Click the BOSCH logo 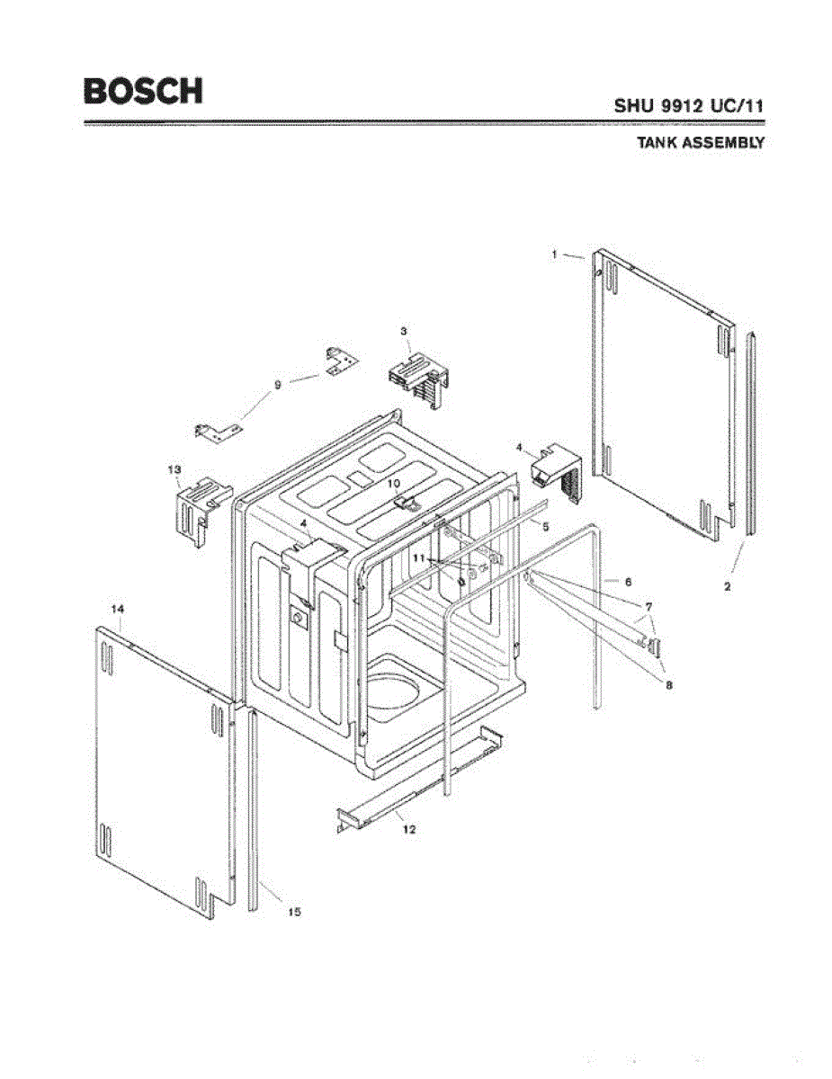click(143, 91)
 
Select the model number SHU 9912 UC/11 click(689, 104)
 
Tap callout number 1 click(557, 254)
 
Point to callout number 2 click(727, 586)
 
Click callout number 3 click(405, 332)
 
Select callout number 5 click(545, 525)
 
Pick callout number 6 click(628, 582)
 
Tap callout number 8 click(668, 685)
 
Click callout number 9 click(278, 384)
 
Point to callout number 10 click(393, 483)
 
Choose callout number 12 click(409, 829)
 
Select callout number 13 click(174, 469)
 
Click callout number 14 click(116, 609)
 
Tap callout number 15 click(293, 912)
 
